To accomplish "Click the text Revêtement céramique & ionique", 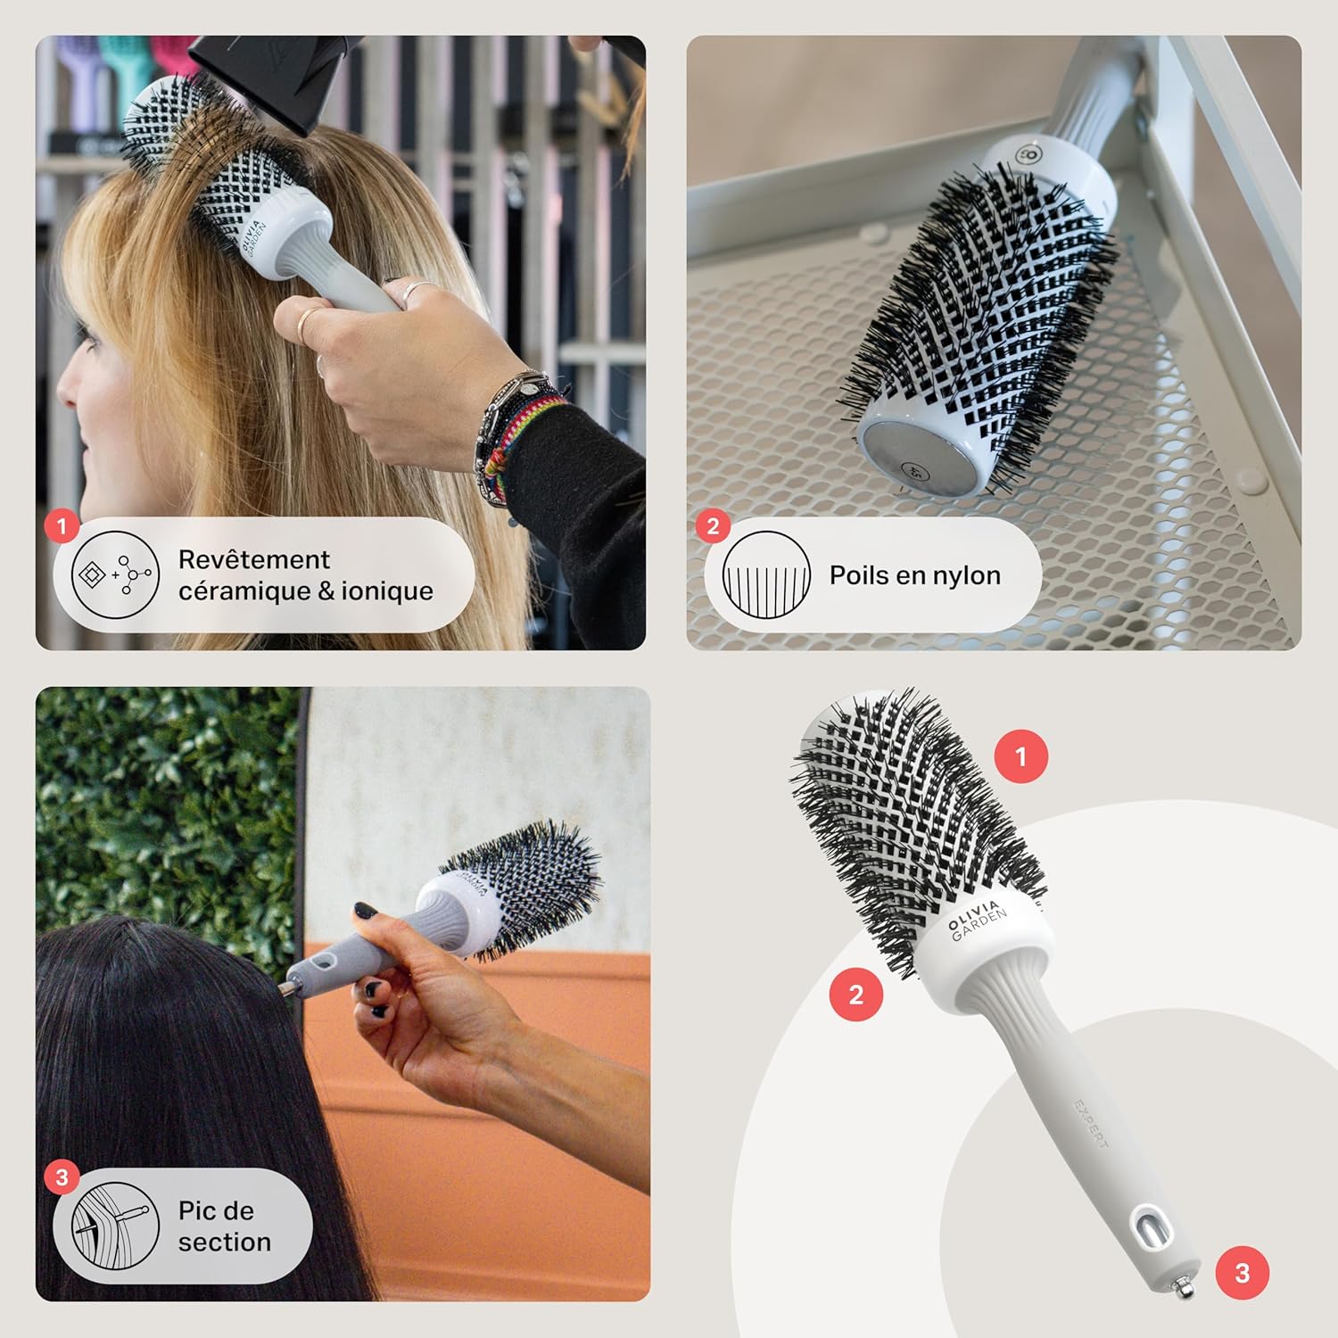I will [x=305, y=575].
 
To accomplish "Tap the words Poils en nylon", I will [x=914, y=575].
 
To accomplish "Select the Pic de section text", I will [x=224, y=1226].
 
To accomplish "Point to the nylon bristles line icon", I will [x=766, y=575].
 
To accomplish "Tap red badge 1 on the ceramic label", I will [x=62, y=526].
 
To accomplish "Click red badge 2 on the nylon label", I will [x=713, y=526].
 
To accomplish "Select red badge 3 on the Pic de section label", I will [x=62, y=1177].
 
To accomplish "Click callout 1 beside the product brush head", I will [x=1021, y=757].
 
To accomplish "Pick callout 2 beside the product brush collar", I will [x=856, y=994].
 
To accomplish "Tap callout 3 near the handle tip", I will [x=1243, y=1273].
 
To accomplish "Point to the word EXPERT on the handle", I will [x=1092, y=1123].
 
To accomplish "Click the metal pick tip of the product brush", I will [x=1184, y=1287].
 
